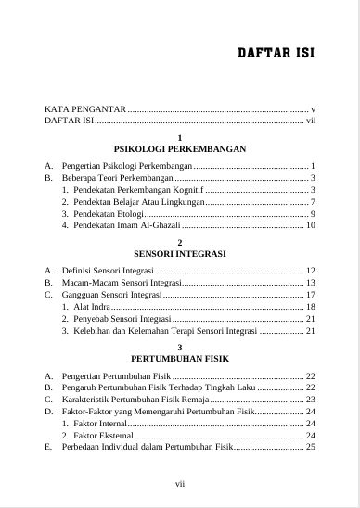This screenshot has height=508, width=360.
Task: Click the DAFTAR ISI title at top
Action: tap(276, 53)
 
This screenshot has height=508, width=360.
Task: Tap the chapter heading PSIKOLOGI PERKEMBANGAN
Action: tap(179, 149)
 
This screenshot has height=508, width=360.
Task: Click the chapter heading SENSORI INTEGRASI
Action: tap(180, 253)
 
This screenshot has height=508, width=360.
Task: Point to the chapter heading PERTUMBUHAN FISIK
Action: tap(179, 357)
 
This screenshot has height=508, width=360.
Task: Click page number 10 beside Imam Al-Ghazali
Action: tap(311, 225)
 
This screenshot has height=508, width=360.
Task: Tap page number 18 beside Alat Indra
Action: tap(311, 306)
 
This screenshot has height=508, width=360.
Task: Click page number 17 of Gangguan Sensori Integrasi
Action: tap(311, 294)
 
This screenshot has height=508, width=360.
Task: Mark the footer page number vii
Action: tap(180, 483)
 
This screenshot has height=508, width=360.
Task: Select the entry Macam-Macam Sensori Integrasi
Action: tap(122, 282)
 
